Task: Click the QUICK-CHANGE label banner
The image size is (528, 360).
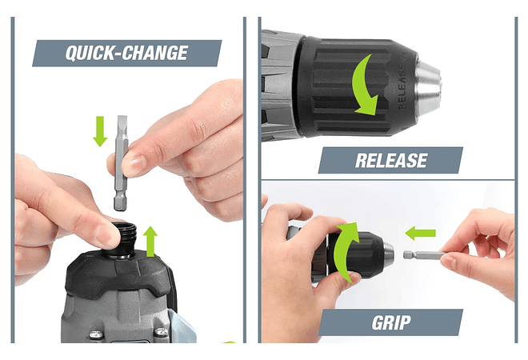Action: point(126,54)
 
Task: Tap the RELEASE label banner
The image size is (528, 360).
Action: point(390,160)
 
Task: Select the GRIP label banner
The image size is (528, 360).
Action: point(391,322)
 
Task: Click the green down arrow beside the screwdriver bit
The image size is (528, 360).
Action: point(100,130)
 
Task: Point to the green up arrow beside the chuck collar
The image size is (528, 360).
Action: point(151,240)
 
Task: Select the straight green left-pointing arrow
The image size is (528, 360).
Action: point(420,234)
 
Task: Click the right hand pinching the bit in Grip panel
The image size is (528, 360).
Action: point(480,252)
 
